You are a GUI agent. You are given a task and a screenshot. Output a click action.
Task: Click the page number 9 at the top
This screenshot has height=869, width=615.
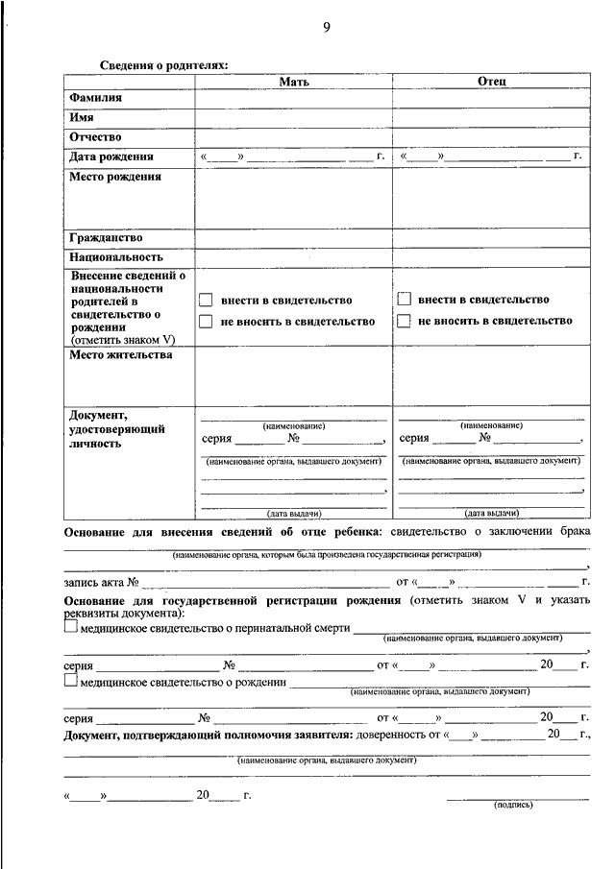click(x=326, y=27)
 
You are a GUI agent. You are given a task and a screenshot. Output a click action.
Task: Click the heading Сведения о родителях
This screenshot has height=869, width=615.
click(x=164, y=64)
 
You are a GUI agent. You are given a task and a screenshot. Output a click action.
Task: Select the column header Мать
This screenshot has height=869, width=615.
click(x=293, y=83)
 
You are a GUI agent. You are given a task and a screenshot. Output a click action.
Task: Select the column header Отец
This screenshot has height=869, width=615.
click(x=491, y=83)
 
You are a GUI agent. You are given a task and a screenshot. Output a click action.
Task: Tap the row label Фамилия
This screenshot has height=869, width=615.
click(x=95, y=98)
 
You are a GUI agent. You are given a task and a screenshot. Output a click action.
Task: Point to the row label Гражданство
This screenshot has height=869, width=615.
click(x=106, y=237)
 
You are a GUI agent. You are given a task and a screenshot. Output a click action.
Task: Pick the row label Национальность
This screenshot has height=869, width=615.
click(x=115, y=256)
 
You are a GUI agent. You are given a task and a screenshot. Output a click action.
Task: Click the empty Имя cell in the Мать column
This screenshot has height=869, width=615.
click(x=293, y=117)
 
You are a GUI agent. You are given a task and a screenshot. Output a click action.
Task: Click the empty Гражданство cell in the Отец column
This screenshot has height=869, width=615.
click(x=491, y=237)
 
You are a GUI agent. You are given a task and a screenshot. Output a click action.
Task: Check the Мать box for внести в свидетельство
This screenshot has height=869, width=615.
click(x=205, y=301)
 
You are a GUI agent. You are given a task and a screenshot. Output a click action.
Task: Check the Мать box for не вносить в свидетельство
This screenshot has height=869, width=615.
click(x=205, y=322)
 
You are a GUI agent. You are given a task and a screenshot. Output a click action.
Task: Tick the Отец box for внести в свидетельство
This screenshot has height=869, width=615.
click(x=404, y=300)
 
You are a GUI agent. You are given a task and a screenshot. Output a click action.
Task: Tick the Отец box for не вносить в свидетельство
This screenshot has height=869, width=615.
click(x=404, y=321)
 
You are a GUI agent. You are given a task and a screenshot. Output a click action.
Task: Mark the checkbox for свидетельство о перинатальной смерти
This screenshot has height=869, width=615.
click(x=70, y=627)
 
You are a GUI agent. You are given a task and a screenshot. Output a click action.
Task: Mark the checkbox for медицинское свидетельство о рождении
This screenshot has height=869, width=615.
click(x=70, y=681)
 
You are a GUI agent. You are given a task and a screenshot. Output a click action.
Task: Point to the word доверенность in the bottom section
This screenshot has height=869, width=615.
click(x=389, y=735)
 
